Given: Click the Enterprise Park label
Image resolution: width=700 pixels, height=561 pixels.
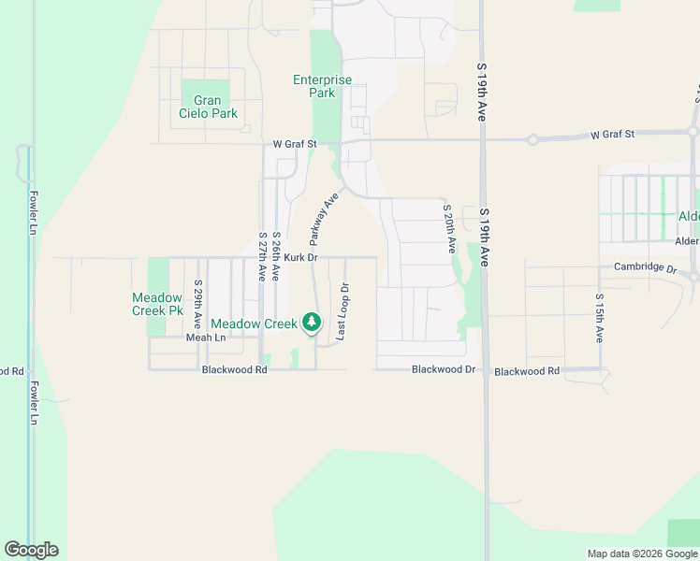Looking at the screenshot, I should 322,86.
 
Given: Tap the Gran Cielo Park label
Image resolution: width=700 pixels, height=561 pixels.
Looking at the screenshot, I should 209,107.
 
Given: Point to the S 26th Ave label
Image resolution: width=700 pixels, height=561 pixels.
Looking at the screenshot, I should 276,257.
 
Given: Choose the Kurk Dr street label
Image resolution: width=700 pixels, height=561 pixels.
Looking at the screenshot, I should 301,257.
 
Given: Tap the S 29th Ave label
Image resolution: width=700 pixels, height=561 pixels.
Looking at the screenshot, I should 198,303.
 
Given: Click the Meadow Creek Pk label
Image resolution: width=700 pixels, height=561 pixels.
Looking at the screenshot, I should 157,304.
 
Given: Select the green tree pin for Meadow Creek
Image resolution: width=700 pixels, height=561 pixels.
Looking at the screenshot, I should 312,324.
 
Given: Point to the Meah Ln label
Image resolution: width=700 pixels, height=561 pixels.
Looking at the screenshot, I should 206,338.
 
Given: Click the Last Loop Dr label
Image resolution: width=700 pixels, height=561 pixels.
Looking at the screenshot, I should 343,311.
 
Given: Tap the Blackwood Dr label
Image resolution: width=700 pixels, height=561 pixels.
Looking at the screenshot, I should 444,370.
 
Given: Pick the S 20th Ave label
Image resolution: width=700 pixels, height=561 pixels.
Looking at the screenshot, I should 448,229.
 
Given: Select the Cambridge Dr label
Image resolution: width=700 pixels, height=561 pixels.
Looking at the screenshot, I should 645,267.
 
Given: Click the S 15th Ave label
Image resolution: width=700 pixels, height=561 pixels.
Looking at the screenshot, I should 599,318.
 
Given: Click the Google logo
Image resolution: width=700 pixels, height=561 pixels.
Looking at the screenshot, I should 31,550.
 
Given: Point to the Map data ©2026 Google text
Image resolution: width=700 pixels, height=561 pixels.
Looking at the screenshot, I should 641,554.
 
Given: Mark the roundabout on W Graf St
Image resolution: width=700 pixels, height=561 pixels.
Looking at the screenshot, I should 532,139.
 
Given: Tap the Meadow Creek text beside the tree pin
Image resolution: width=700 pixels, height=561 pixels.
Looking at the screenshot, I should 254,324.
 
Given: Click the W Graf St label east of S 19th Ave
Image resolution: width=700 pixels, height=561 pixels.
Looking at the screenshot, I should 612,135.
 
